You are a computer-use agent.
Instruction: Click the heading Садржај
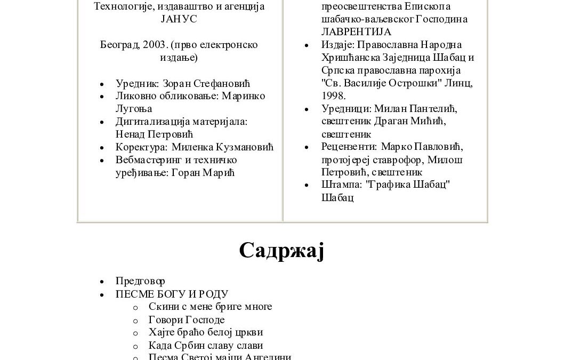(x=281, y=250)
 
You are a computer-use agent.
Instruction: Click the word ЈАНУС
(x=179, y=19)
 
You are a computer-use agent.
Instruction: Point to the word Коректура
(x=140, y=147)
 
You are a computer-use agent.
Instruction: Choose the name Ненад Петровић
(x=154, y=134)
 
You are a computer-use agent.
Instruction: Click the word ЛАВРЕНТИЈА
(x=356, y=32)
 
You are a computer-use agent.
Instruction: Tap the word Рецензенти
(x=349, y=147)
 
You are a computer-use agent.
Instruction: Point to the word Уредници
(x=345, y=109)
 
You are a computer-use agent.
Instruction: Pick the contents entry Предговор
(x=140, y=281)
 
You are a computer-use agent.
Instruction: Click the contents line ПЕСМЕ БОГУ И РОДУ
(x=172, y=294)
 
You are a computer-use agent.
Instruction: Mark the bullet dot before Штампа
(x=307, y=186)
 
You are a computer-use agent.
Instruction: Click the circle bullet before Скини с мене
(x=135, y=307)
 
